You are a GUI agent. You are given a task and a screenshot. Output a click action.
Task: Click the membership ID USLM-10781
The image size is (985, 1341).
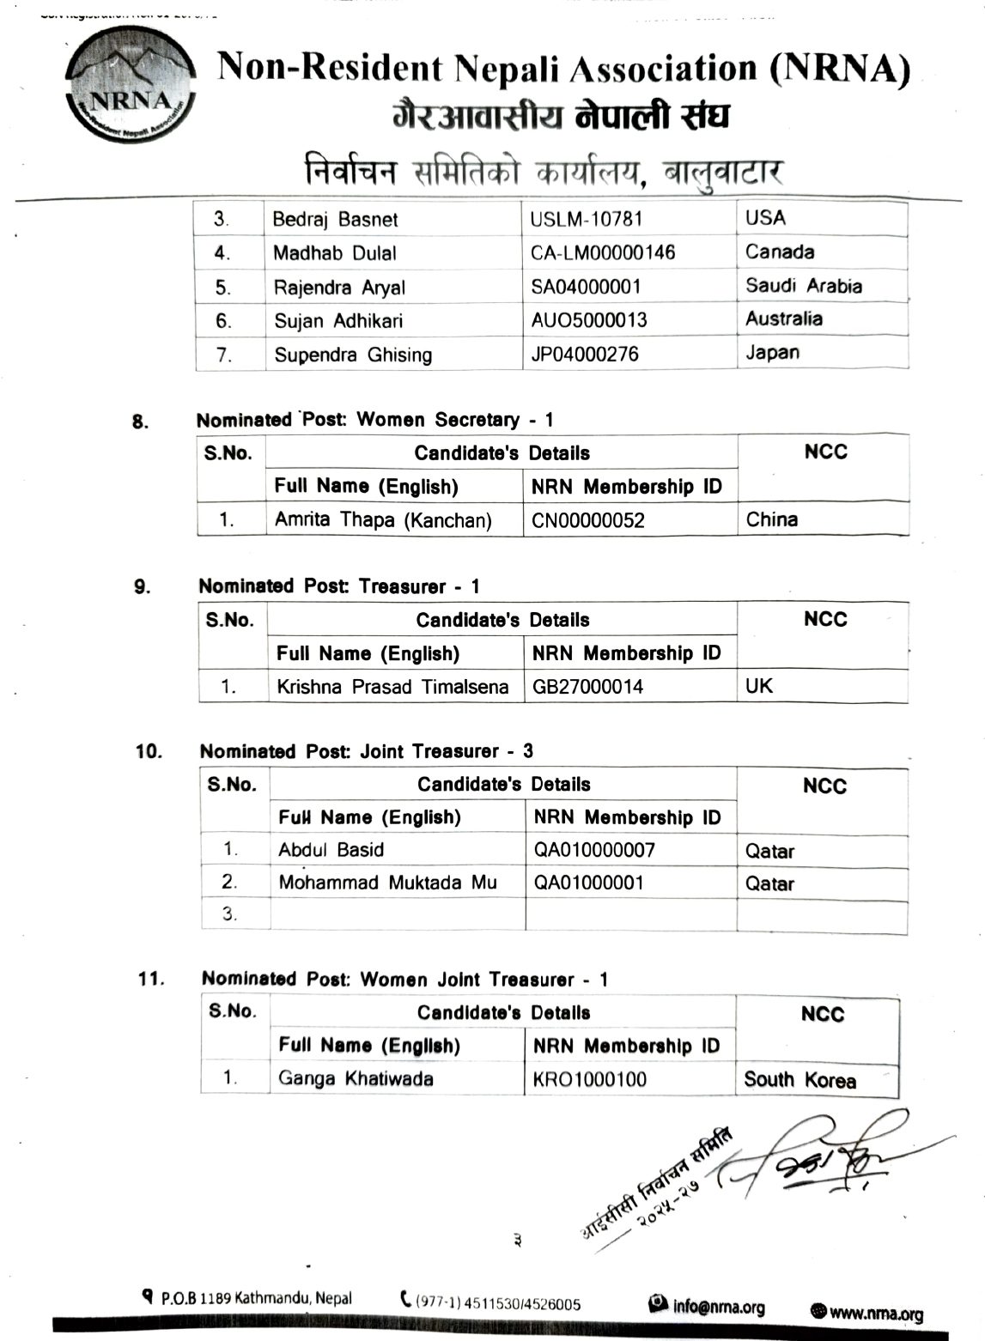click(x=587, y=219)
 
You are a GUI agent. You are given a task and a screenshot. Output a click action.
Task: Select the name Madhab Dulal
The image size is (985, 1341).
click(x=335, y=253)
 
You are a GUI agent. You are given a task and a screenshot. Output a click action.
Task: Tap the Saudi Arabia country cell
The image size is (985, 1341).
click(x=803, y=286)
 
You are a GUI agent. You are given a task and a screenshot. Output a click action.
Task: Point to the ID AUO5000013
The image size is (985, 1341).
click(x=589, y=320)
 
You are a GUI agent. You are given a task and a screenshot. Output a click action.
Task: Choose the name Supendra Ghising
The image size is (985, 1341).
click(x=353, y=355)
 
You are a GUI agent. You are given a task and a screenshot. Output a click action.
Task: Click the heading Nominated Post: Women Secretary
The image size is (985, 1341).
click(x=374, y=420)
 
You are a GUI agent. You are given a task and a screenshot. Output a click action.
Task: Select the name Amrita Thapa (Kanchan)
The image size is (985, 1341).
click(x=383, y=520)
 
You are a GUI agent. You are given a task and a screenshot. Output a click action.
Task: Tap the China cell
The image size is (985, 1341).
click(x=772, y=519)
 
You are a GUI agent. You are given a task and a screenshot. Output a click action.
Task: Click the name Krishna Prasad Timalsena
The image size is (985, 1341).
click(x=392, y=687)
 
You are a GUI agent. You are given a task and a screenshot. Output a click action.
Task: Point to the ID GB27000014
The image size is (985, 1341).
click(x=587, y=687)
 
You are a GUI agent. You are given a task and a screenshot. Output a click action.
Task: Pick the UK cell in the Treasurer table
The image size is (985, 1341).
click(x=759, y=686)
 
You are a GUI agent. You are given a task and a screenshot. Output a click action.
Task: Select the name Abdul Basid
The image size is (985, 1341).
click(x=331, y=850)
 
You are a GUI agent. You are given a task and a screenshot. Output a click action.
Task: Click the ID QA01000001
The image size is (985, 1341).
click(x=588, y=883)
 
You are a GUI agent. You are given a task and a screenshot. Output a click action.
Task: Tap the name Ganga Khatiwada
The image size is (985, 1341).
click(x=356, y=1079)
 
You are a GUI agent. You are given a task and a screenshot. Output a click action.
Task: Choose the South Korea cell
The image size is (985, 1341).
click(x=800, y=1080)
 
